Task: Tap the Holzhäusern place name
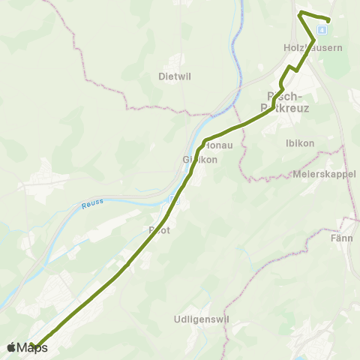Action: (313, 47)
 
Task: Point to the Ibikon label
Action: (300, 142)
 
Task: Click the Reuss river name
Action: (93, 202)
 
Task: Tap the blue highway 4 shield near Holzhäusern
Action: (322, 30)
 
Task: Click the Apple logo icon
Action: (11, 348)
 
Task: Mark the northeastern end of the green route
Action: (328, 20)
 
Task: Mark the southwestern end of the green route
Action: (33, 346)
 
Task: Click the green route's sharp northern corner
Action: (300, 13)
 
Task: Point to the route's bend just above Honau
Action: (205, 140)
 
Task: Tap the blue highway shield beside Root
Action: (174, 200)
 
